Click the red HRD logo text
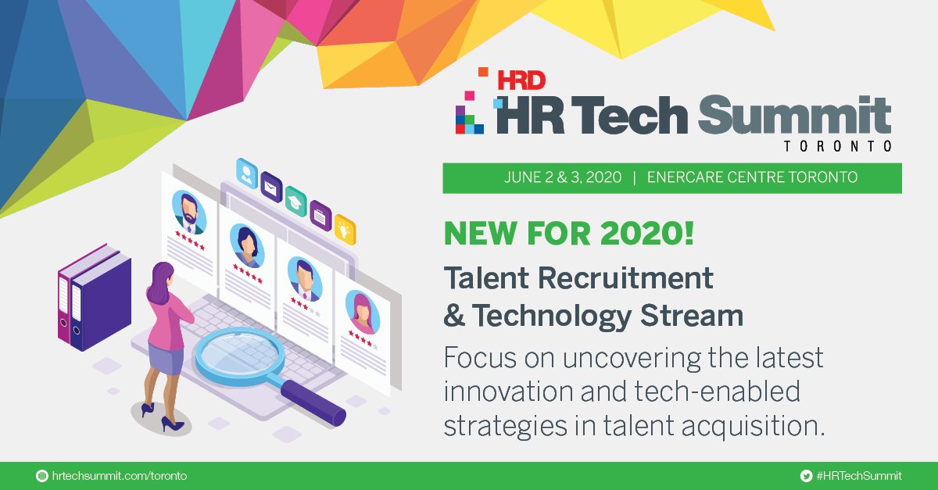pyautogui.click(x=522, y=79)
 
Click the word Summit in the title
pyautogui.click(x=793, y=116)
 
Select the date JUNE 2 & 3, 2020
pyautogui.click(x=563, y=177)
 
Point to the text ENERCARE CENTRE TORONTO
pyautogui.click(x=752, y=177)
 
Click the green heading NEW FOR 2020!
pyautogui.click(x=569, y=235)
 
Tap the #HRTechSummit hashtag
pyautogui.click(x=857, y=476)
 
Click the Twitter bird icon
pyautogui.click(x=806, y=476)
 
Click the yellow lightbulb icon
pyautogui.click(x=345, y=228)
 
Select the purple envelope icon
pyautogui.click(x=271, y=186)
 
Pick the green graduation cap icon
pyautogui.click(x=295, y=199)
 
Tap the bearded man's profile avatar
pyautogui.click(x=188, y=209)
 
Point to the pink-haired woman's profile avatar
pyautogui.click(x=362, y=311)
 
